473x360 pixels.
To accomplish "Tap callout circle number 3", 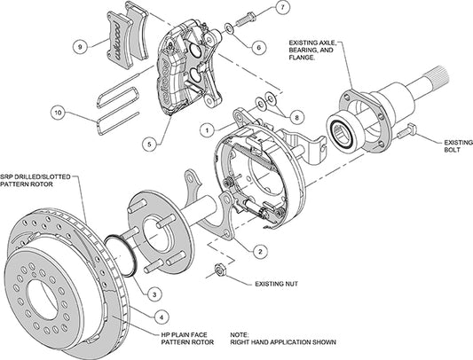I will [x=154, y=293].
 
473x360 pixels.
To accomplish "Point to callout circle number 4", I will [x=159, y=313].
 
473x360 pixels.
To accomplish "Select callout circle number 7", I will [x=280, y=9].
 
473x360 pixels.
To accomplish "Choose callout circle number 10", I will [x=59, y=113].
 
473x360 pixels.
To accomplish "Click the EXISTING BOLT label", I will [x=440, y=144].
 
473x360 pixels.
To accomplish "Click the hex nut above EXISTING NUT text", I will [x=221, y=271].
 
